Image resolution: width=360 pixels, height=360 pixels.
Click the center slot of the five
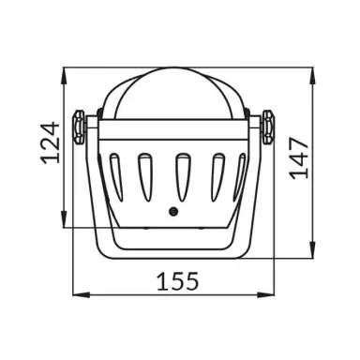[174, 174]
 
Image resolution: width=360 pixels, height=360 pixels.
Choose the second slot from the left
[144, 174]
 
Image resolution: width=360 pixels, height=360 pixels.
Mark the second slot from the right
[206, 174]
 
